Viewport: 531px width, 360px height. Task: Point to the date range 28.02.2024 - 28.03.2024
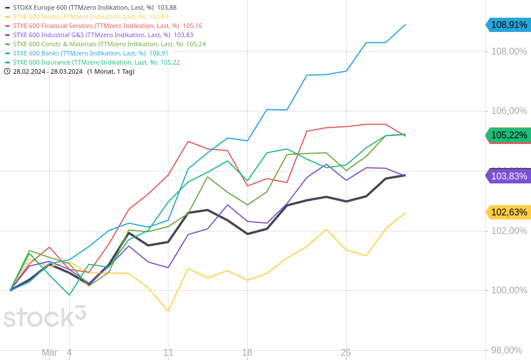click(48, 71)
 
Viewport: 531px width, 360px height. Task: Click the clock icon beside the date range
click(7, 71)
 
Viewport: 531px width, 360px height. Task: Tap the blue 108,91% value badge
click(509, 25)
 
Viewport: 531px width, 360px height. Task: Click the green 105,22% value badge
click(509, 135)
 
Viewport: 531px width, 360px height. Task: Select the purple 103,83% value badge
click(509, 176)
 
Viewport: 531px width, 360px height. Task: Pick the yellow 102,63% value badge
click(509, 212)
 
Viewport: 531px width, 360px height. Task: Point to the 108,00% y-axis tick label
click(509, 51)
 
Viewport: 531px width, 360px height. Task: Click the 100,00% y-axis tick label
click(509, 290)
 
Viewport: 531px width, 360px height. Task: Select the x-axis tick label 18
click(247, 353)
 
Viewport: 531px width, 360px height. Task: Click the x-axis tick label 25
click(346, 353)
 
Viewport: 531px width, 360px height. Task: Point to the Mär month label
click(50, 353)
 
